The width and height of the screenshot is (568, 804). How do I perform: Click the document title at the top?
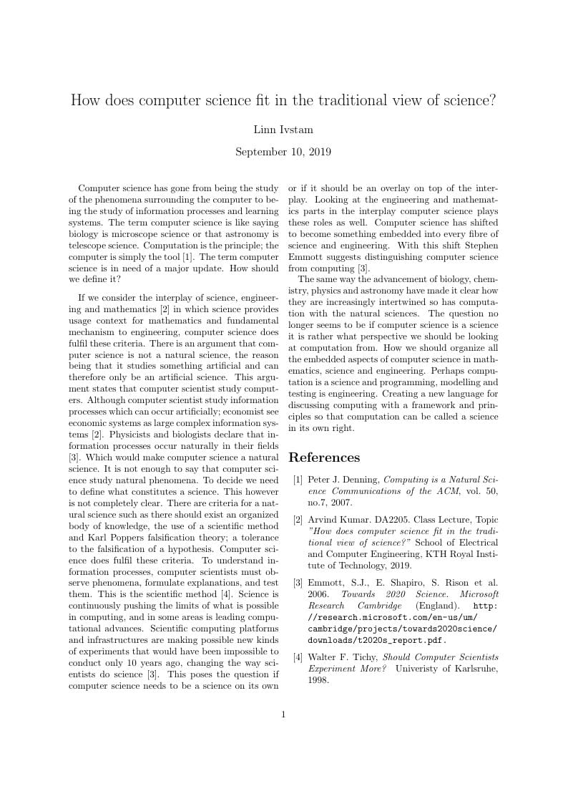(283, 100)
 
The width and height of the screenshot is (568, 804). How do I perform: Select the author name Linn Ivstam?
(283, 130)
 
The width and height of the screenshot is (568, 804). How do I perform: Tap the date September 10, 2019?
(283, 152)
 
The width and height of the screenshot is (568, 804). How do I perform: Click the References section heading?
(324, 457)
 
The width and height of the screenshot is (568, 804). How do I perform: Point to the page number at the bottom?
(283, 714)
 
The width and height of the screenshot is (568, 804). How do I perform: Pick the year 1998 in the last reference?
(319, 680)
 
